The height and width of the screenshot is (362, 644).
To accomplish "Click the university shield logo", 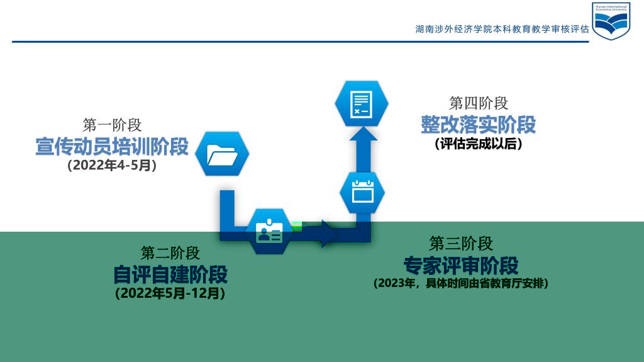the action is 611,21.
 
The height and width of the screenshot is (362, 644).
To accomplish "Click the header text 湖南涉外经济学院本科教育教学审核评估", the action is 502,29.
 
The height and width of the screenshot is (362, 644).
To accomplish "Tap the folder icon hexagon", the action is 222,154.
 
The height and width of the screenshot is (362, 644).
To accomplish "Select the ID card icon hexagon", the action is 269,231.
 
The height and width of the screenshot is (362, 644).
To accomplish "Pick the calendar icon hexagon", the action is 362,193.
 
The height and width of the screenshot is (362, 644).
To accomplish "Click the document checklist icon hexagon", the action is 362,104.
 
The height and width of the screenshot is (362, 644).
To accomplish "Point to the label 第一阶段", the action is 112,125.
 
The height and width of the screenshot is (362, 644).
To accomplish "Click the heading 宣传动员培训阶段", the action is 112,147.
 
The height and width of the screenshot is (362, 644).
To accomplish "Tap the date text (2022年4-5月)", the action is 112,165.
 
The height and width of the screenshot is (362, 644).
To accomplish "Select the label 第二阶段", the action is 170,252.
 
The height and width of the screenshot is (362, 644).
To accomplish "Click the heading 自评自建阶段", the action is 170,274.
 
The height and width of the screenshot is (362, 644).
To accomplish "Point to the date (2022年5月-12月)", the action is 170,293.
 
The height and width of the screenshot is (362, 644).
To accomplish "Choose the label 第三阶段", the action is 461,244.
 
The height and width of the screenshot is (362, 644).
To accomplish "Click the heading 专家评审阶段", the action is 461,265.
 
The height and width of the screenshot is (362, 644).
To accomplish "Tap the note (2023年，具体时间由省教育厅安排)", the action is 461,283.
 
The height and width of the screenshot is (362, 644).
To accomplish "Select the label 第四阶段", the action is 479,103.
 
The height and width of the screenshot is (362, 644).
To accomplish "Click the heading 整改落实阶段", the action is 479,124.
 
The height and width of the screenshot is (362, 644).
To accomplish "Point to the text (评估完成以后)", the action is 479,144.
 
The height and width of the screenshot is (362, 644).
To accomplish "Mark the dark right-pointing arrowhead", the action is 328,234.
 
